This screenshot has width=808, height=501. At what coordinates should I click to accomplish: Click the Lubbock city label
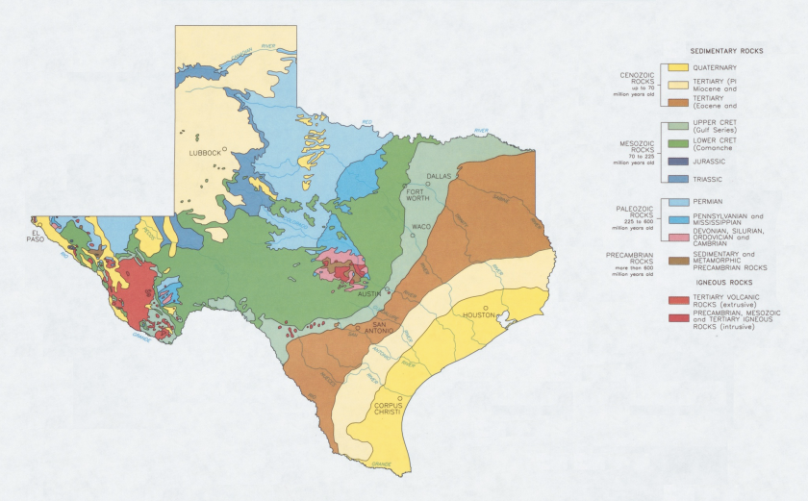(204, 152)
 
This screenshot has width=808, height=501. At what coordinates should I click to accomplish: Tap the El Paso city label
(38, 236)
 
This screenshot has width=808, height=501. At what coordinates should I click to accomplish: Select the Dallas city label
(438, 177)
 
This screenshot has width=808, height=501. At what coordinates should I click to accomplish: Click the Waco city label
(421, 227)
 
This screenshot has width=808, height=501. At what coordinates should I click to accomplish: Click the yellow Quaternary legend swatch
(677, 67)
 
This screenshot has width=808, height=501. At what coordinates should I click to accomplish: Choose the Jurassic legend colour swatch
(677, 161)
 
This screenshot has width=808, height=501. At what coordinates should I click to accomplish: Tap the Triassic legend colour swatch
(677, 179)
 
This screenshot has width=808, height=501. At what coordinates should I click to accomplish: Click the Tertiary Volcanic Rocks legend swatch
(677, 300)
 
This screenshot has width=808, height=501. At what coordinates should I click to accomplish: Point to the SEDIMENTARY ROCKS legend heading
(727, 50)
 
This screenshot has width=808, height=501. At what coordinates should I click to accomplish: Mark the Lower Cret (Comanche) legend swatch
(677, 143)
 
